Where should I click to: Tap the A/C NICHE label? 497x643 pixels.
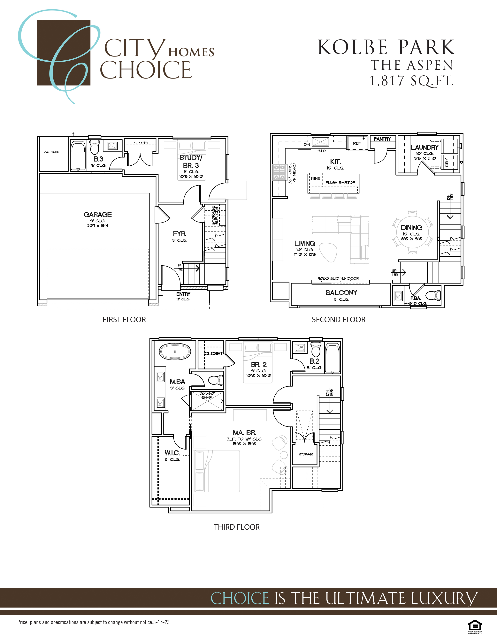(51, 152)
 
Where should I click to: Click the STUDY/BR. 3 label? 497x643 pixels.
(191, 161)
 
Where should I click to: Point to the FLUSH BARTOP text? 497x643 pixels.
(340, 183)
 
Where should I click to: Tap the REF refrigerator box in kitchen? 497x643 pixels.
(357, 143)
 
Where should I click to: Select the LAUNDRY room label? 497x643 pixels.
(424, 147)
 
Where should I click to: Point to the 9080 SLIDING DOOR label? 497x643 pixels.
(338, 278)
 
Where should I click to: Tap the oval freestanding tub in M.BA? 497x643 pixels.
(175, 352)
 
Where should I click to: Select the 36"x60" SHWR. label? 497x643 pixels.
(207, 395)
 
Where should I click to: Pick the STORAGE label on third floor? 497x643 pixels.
(306, 454)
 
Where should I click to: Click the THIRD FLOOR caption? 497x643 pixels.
(237, 527)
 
